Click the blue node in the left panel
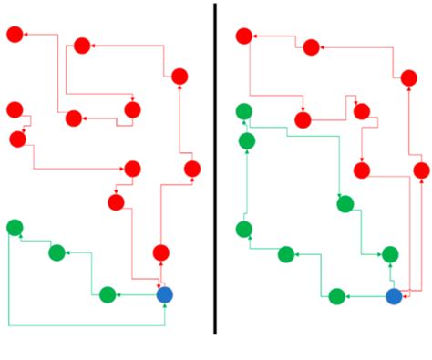coord(164,294)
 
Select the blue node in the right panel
coord(394,296)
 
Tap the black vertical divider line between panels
coord(215,169)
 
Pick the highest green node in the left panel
coord(15,227)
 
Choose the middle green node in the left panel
coord(57,252)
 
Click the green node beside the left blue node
coord(108,294)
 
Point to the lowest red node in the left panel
coord(161,252)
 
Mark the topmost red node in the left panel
coord(15,35)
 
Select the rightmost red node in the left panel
coord(192,169)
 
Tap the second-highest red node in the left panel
coord(82,46)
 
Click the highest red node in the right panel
coord(243,36)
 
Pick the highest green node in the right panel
coord(243,112)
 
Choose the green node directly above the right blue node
coord(390,254)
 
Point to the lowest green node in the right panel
coord(336,296)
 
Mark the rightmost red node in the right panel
coord(421,170)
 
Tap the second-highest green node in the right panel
coord(247,141)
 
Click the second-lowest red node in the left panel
coord(116,202)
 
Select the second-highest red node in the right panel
coord(311,47)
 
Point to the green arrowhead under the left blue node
coord(164,307)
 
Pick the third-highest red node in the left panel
coord(180,77)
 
